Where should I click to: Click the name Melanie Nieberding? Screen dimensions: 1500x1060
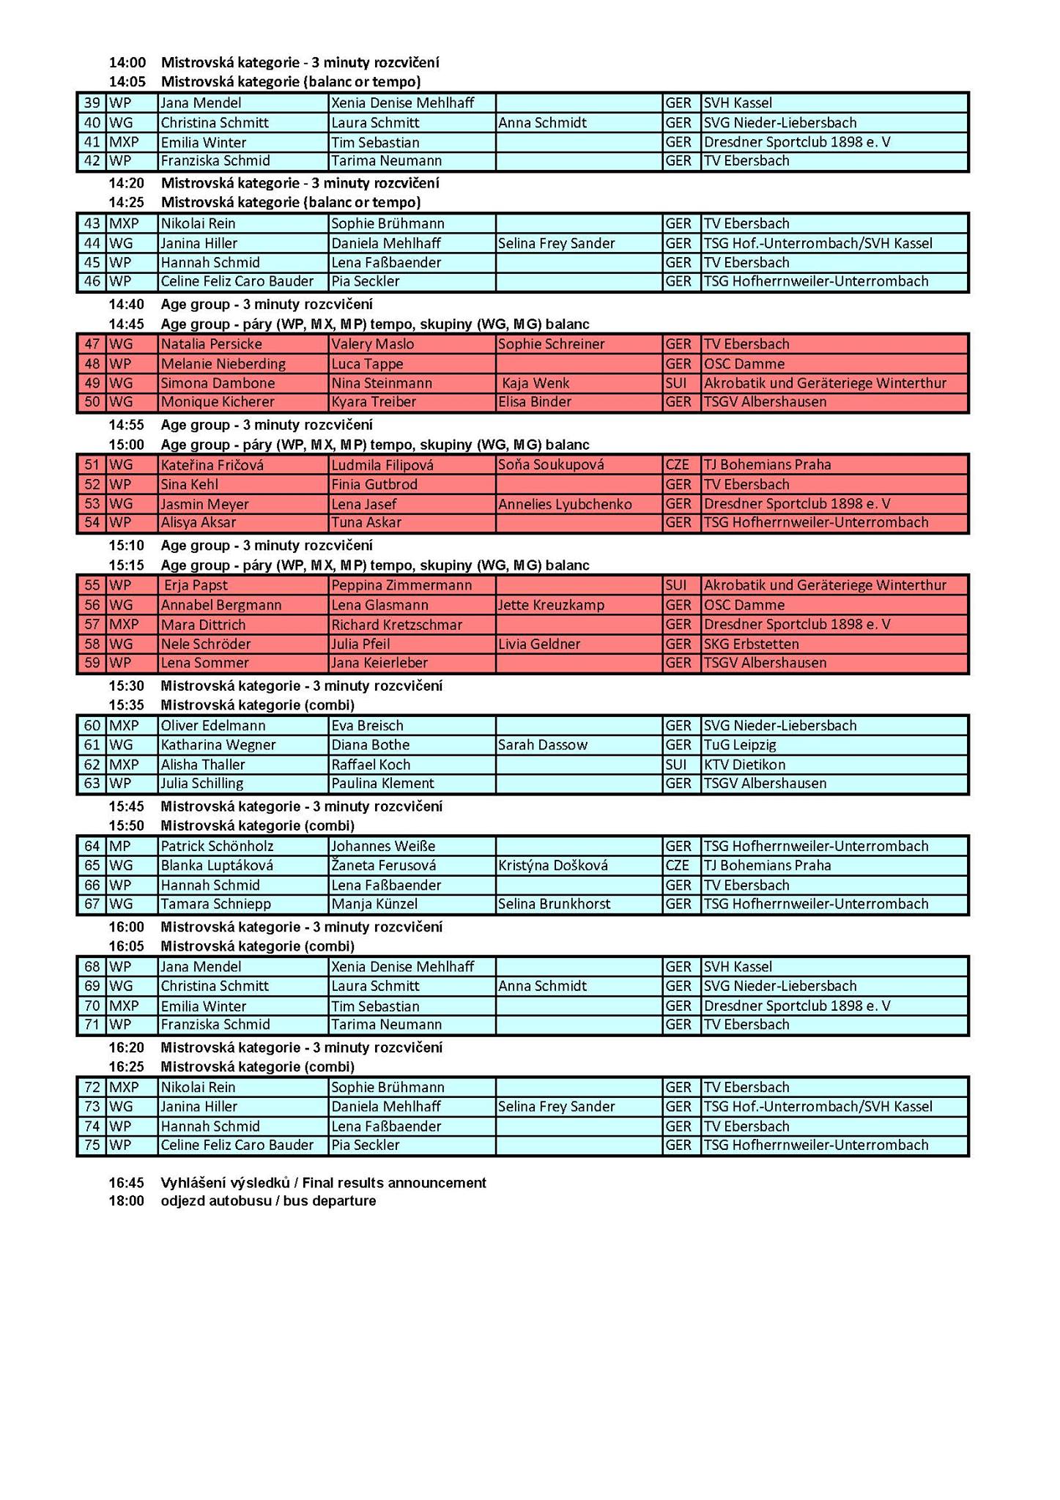point(223,364)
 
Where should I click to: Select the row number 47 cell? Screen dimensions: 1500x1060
point(92,344)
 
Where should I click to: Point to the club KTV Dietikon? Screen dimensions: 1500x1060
point(744,765)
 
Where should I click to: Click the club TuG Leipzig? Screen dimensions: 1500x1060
point(740,745)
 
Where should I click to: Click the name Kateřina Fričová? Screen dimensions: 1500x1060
point(212,465)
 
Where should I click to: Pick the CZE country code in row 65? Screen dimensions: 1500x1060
point(678,866)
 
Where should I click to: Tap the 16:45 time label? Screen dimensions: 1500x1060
point(127,1183)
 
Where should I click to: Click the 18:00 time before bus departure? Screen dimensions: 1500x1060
point(127,1201)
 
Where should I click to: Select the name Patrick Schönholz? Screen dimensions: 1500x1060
point(217,847)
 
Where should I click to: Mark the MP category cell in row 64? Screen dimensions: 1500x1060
point(120,847)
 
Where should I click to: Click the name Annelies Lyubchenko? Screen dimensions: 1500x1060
point(565,504)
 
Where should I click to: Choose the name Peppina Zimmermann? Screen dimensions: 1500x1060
point(401,585)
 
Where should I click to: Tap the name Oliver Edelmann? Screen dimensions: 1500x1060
point(213,726)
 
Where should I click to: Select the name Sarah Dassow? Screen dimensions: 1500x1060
point(543,745)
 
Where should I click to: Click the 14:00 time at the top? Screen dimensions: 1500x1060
point(127,63)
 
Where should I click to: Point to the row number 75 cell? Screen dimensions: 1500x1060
point(92,1146)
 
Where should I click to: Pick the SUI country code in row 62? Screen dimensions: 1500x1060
point(676,765)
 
